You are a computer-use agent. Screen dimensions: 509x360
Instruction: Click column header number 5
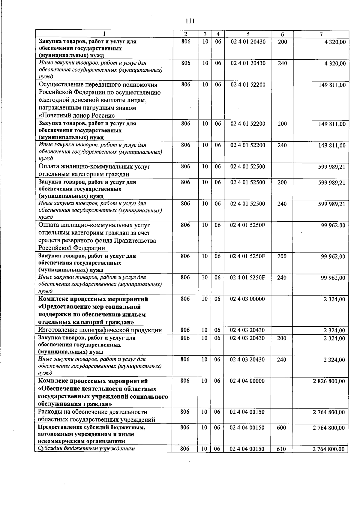248,34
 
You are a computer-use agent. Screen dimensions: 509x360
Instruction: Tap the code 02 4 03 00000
247,299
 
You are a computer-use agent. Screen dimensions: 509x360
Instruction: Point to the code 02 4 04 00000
247,381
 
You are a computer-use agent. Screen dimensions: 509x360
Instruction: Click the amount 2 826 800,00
329,381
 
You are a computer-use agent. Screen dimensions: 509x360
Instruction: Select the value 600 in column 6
281,428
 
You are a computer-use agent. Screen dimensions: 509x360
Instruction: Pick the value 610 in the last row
281,449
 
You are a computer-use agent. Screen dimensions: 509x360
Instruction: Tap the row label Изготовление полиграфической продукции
100,330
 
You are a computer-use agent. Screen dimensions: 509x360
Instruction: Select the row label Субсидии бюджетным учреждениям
86,449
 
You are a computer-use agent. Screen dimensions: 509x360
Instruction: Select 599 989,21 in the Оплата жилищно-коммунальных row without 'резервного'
331,167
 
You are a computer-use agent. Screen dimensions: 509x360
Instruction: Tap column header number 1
104,34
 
